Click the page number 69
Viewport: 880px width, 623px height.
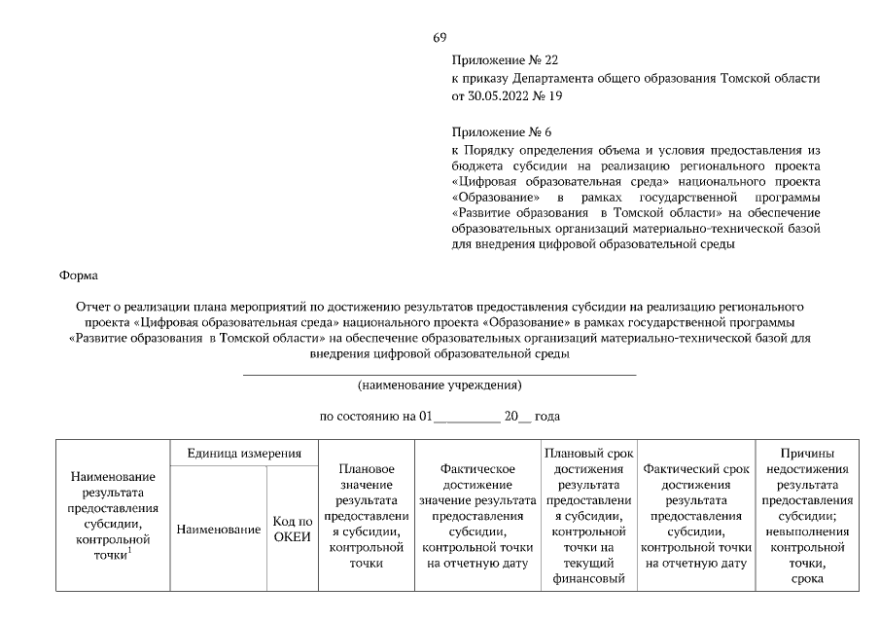pos(440,38)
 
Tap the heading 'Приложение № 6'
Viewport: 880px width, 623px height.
pos(501,131)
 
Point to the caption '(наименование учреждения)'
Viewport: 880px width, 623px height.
pos(440,385)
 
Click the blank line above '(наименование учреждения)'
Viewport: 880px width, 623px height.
pos(440,374)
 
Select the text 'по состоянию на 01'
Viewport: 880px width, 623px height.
pos(375,417)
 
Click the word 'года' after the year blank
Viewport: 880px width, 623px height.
pos(547,417)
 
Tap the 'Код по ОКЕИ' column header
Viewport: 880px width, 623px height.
pos(291,530)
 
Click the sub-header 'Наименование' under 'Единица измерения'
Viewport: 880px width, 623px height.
pos(219,530)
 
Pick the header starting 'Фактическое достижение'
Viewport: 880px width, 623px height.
pos(476,515)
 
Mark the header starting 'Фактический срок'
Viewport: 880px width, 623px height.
pos(695,515)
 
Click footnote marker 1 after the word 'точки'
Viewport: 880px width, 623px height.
pos(129,551)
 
